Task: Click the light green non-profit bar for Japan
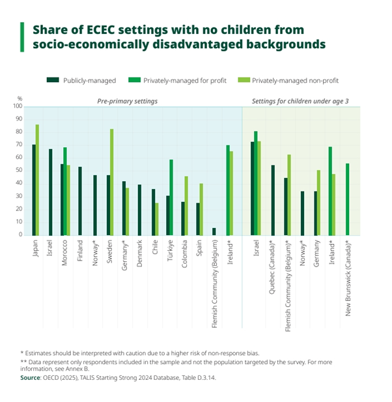[x=37, y=179]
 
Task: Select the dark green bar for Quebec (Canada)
[x=272, y=200]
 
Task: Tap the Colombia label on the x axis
[x=184, y=253]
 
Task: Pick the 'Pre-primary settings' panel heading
[x=127, y=101]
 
